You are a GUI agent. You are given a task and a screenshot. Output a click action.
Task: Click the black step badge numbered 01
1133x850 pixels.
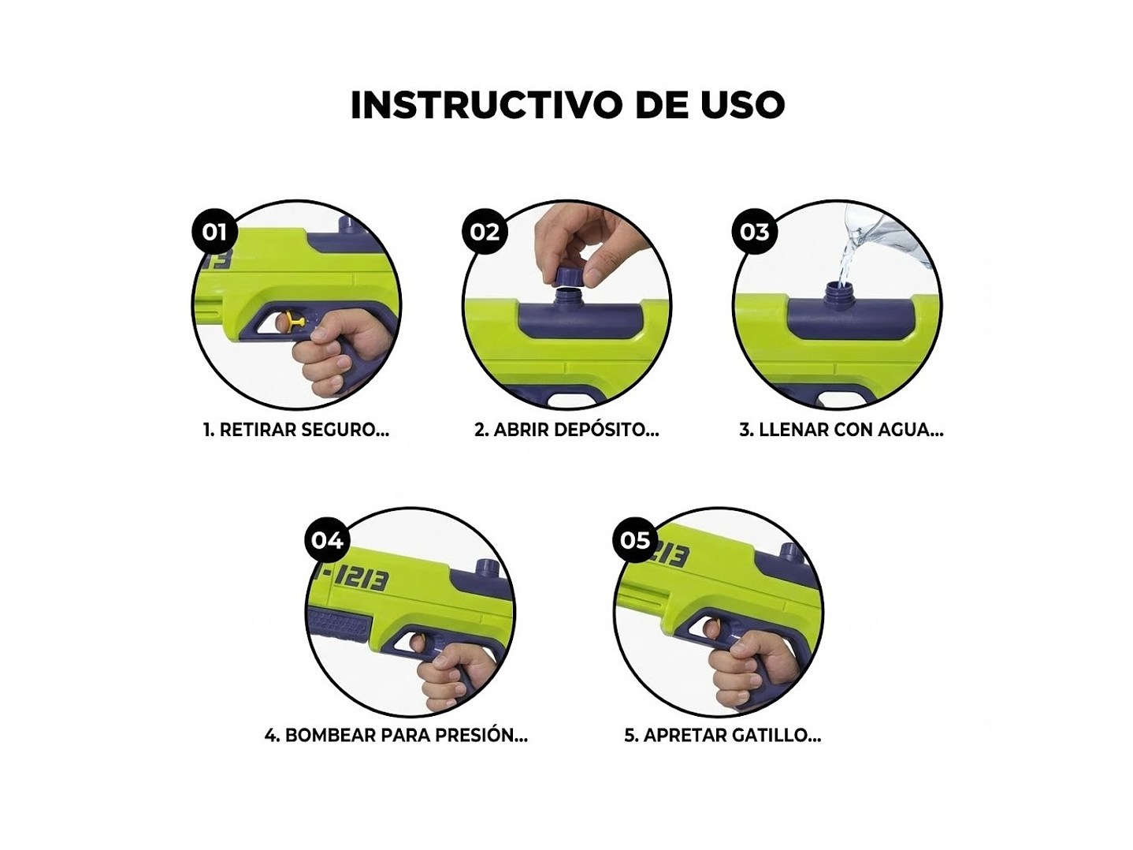(214, 232)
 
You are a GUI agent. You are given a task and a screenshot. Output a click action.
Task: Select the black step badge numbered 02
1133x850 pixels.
(485, 232)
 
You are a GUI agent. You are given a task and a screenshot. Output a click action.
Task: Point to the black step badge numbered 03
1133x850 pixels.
(754, 232)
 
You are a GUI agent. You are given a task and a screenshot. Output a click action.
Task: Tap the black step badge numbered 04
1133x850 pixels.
(327, 540)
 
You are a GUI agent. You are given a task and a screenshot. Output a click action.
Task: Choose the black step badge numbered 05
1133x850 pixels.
(635, 540)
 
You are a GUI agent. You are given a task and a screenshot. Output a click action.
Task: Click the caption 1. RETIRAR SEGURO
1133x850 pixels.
(296, 430)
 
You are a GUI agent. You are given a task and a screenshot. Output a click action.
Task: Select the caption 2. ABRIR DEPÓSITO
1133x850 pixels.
(566, 430)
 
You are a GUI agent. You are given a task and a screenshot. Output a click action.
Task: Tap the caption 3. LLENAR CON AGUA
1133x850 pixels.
(841, 430)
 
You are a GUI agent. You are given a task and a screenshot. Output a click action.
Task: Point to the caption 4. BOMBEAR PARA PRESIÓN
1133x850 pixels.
(396, 735)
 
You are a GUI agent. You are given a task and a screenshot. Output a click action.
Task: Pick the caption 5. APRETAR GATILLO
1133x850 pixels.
(723, 735)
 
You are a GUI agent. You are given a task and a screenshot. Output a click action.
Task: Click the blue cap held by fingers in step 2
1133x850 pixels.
(568, 276)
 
